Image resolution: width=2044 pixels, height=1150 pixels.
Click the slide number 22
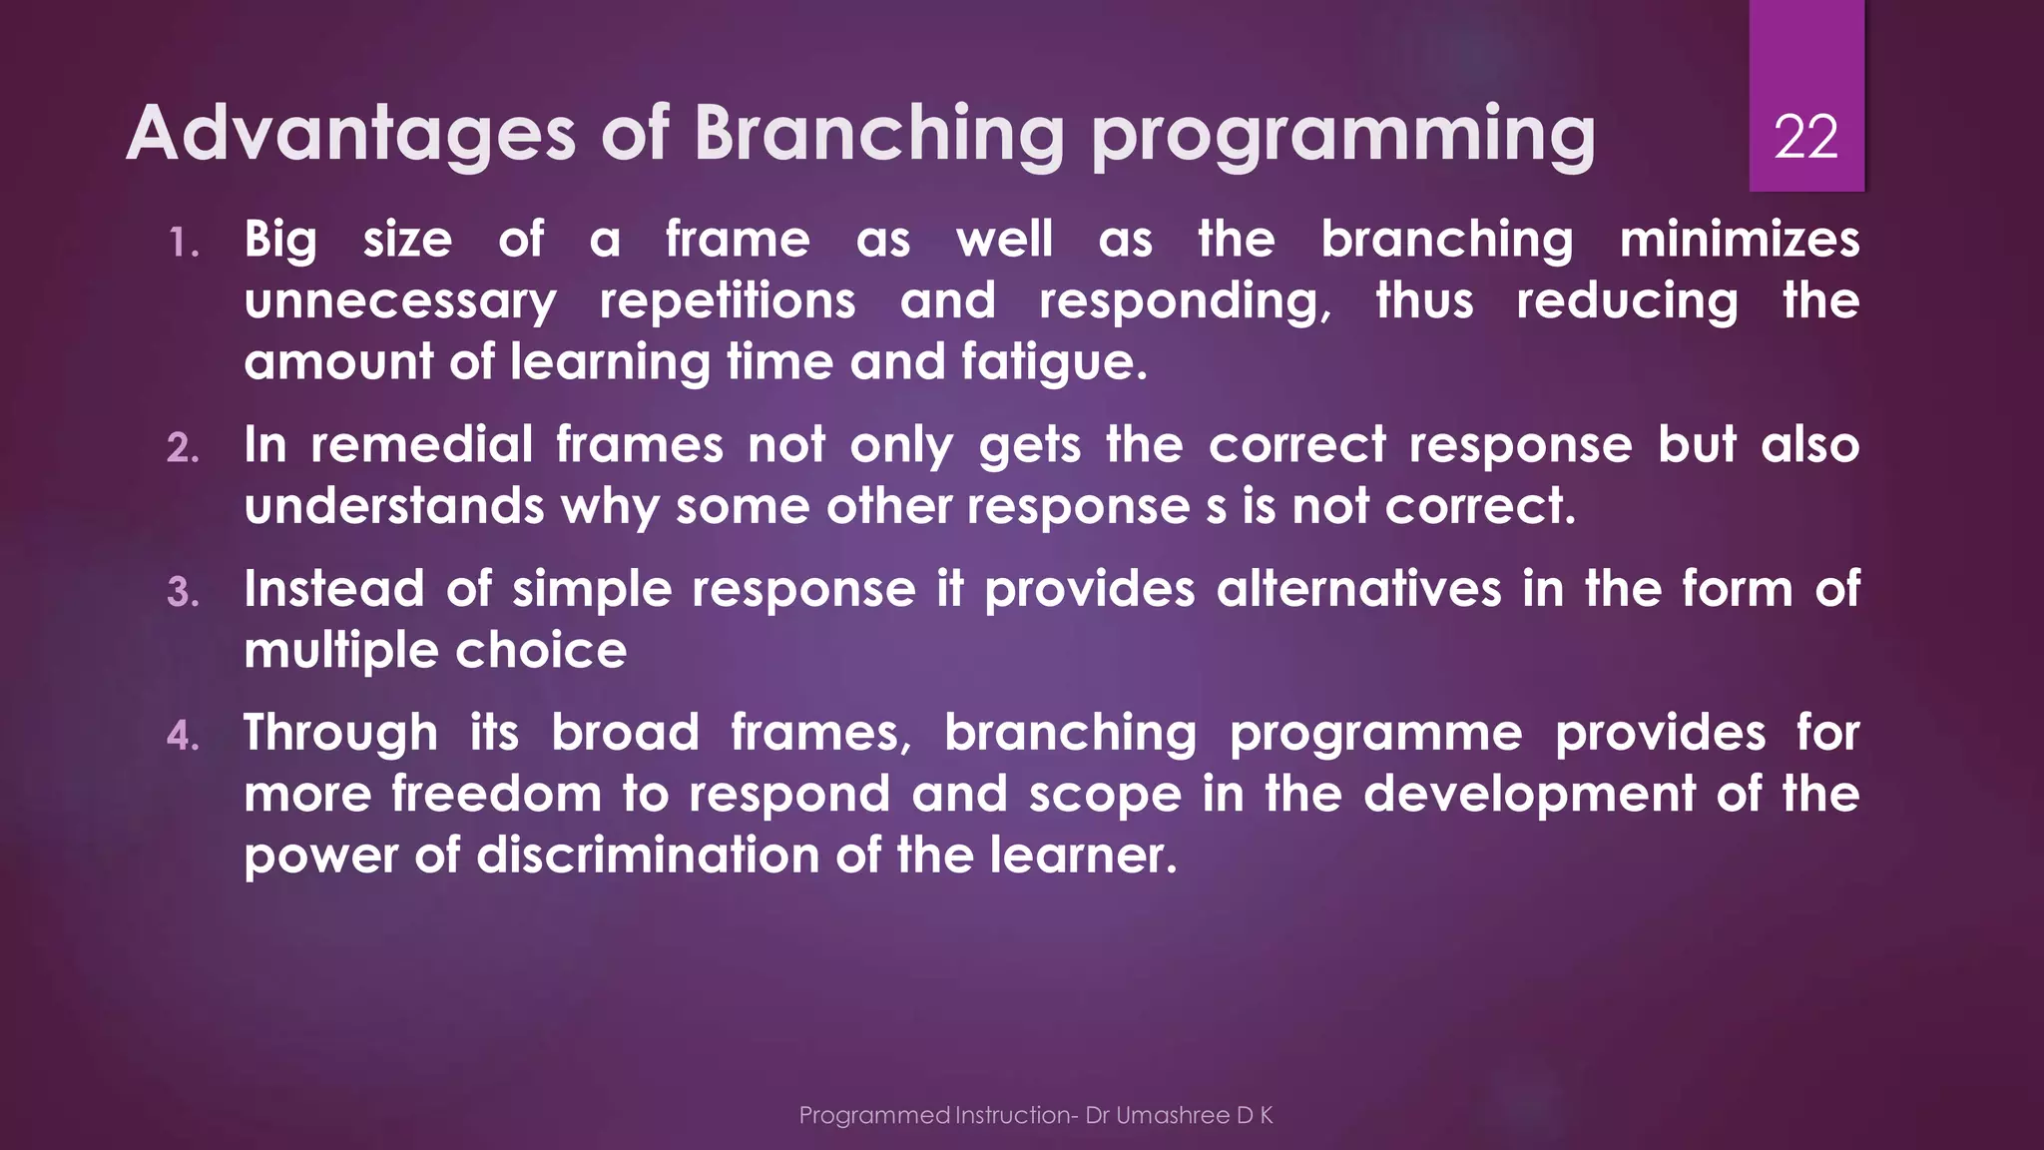(1805, 137)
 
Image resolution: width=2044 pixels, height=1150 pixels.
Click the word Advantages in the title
(351, 133)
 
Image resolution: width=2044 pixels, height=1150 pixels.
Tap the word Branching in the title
(878, 135)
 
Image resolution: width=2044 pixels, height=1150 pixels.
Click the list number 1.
(183, 243)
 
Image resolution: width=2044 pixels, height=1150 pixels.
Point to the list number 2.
(183, 448)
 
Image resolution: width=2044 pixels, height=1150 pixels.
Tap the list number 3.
(183, 592)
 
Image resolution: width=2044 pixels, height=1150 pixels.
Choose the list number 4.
(183, 736)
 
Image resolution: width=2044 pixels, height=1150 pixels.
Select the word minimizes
(1739, 240)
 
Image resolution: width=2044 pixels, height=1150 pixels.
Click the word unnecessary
(400, 301)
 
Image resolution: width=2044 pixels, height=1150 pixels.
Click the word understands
(394, 506)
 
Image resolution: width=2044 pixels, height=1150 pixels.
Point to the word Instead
(334, 589)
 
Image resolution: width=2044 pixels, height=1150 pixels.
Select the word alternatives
(1358, 589)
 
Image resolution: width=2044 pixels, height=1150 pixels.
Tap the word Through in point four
(340, 734)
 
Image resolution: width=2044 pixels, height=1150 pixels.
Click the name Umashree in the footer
(1172, 1116)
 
